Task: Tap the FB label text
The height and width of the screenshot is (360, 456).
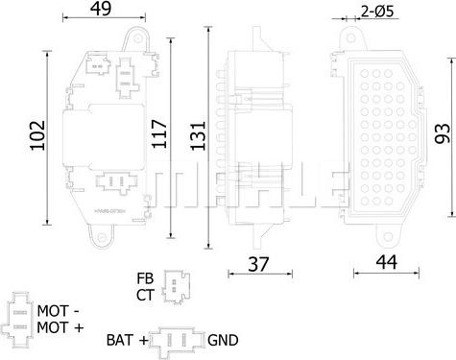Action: (x=145, y=276)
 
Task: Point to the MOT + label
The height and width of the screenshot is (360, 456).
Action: (x=60, y=327)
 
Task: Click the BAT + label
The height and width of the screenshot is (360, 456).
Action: (x=128, y=340)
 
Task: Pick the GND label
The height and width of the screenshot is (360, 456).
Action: (x=223, y=340)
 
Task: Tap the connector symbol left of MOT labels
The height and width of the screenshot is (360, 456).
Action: (x=19, y=318)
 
